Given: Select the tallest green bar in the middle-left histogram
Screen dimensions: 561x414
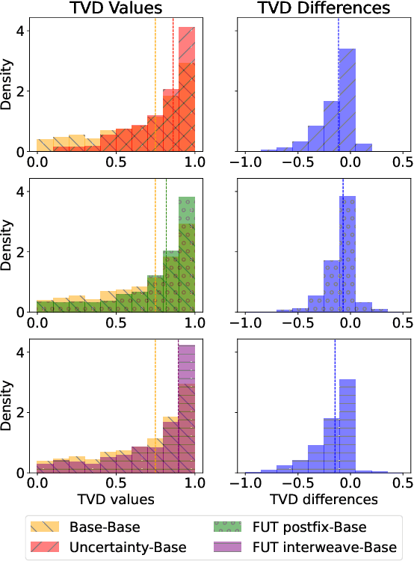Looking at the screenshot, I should coord(187,254).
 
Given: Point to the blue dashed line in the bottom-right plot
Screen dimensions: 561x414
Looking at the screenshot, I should coord(335,404).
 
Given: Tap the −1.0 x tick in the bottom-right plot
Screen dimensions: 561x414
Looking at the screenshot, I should coord(244,482).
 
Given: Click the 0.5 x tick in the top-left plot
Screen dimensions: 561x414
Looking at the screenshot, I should coord(116,162).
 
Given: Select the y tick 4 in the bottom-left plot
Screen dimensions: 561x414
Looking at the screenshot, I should coord(20,352).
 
